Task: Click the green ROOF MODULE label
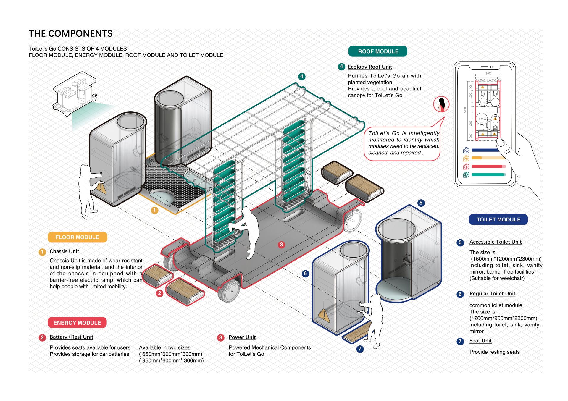pyautogui.click(x=378, y=51)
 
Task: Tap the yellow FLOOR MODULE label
pyautogui.click(x=77, y=237)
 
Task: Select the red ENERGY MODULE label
pyautogui.click(x=77, y=323)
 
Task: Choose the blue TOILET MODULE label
pyautogui.click(x=498, y=219)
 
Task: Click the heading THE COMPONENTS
pyautogui.click(x=70, y=33)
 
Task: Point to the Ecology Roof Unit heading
pyautogui.click(x=370, y=67)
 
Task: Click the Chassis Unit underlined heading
pyautogui.click(x=64, y=251)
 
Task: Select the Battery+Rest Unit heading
pyautogui.click(x=71, y=337)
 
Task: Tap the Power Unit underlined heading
pyautogui.click(x=242, y=337)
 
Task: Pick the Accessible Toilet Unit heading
pyautogui.click(x=496, y=242)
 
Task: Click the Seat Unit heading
pyautogui.click(x=480, y=341)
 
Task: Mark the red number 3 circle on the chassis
pyautogui.click(x=281, y=245)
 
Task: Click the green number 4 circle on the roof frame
pyautogui.click(x=301, y=77)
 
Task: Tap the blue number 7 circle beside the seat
pyautogui.click(x=360, y=349)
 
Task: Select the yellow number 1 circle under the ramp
pyautogui.click(x=155, y=210)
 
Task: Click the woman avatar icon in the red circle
pyautogui.click(x=441, y=104)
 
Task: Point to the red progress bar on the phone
pyautogui.click(x=487, y=166)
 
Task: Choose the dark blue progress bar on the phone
pyautogui.click(x=485, y=150)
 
